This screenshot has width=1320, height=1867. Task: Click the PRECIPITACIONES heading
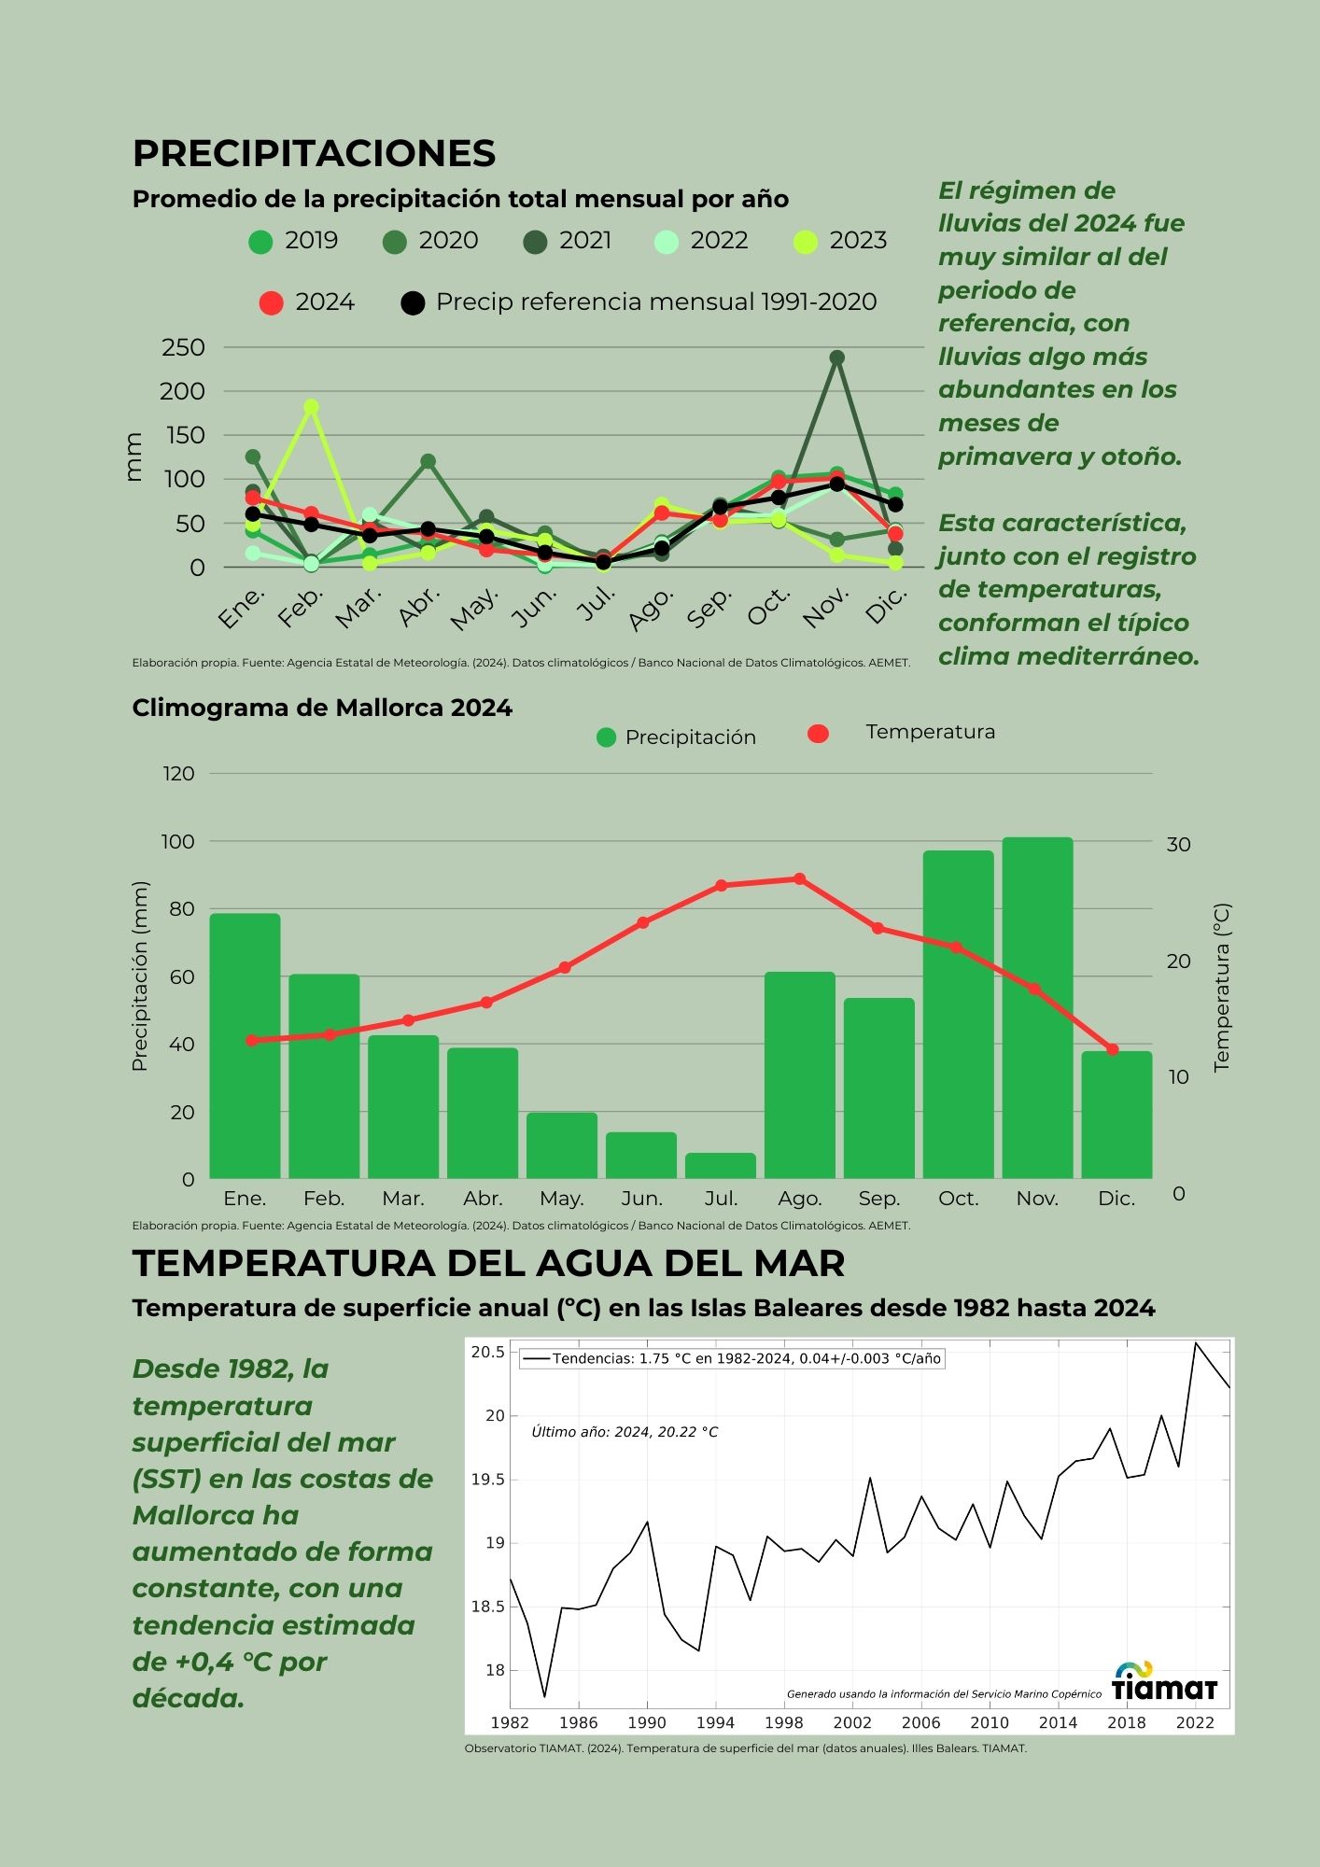[x=314, y=154]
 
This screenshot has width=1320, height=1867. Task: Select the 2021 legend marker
[x=535, y=242]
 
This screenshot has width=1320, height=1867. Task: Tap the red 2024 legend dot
[x=271, y=303]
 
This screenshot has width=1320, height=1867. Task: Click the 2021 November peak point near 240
[x=836, y=358]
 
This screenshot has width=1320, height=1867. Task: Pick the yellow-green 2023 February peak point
[x=311, y=407]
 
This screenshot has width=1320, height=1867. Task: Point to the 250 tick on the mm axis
[x=183, y=347]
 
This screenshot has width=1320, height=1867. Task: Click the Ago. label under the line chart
[x=651, y=608]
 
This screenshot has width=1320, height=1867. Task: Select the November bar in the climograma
[x=1037, y=1008]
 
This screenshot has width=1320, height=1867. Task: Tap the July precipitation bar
[x=721, y=1166]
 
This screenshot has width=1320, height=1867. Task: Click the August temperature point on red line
[x=799, y=878]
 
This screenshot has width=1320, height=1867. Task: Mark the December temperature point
[x=1113, y=1049]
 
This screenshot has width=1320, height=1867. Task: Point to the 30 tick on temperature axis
[x=1178, y=844]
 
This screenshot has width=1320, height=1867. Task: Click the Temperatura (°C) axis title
[x=1222, y=987]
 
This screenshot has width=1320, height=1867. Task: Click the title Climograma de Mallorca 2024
[x=322, y=708]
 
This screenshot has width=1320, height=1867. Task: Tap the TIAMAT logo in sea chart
[x=1164, y=1682]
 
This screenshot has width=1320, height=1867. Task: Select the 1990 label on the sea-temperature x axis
[x=646, y=1723]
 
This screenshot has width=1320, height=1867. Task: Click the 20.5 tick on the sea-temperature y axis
[x=487, y=1353]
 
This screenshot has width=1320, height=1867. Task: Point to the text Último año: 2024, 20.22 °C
[x=625, y=1432]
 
